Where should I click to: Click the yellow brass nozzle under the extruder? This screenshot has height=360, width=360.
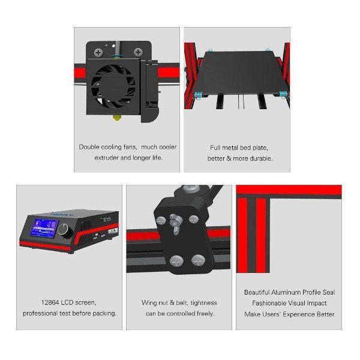[117, 118]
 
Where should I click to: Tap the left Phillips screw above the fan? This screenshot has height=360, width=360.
[98, 53]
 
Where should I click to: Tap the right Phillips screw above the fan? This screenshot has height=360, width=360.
[138, 52]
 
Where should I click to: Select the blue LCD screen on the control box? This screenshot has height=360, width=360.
[44, 228]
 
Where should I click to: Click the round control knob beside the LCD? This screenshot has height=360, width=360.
[64, 229]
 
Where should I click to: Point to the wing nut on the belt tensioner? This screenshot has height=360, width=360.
[175, 223]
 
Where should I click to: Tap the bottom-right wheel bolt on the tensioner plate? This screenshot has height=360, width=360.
[199, 260]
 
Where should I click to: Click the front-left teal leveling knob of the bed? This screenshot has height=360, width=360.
[198, 95]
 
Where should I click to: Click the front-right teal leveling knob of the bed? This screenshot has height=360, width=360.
[283, 94]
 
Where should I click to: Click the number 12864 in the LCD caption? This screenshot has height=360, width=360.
[50, 302]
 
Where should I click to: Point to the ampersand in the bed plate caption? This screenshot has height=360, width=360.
[229, 158]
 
